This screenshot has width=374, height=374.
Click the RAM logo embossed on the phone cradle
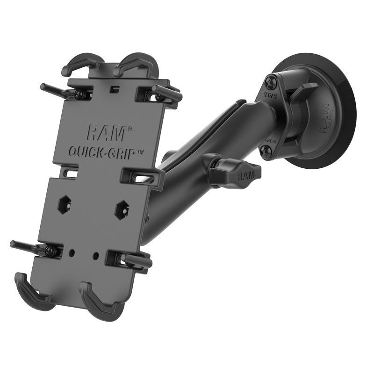(106, 133)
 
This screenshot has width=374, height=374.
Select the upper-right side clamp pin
(166, 92)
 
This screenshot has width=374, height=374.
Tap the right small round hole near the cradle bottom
(96, 256)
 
